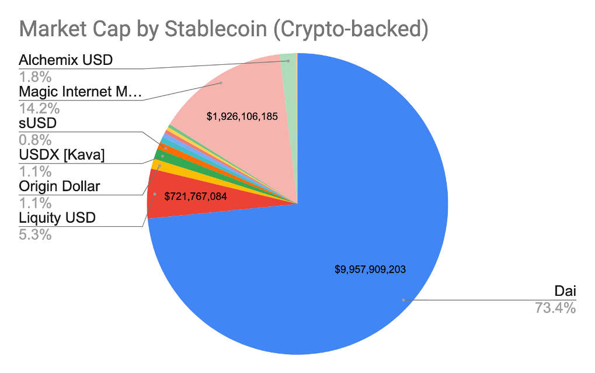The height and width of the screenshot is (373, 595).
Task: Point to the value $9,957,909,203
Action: [370, 270]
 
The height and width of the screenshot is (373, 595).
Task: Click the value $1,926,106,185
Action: [242, 116]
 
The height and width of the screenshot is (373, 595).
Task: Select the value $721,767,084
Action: [195, 196]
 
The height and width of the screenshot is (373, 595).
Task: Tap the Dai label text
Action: [564, 291]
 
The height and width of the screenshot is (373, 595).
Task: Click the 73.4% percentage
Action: [555, 308]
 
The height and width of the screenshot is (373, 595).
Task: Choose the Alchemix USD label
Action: [65, 60]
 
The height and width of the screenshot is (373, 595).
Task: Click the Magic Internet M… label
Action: [80, 92]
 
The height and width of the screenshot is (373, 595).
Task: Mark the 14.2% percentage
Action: [39, 108]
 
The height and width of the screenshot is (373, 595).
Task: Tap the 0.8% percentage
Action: [35, 140]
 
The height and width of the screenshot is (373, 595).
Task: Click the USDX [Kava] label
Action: [61, 156]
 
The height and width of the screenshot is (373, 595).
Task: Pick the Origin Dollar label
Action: [59, 187]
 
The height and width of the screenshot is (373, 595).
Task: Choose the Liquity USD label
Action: [57, 219]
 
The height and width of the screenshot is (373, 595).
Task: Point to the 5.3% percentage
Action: [35, 235]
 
